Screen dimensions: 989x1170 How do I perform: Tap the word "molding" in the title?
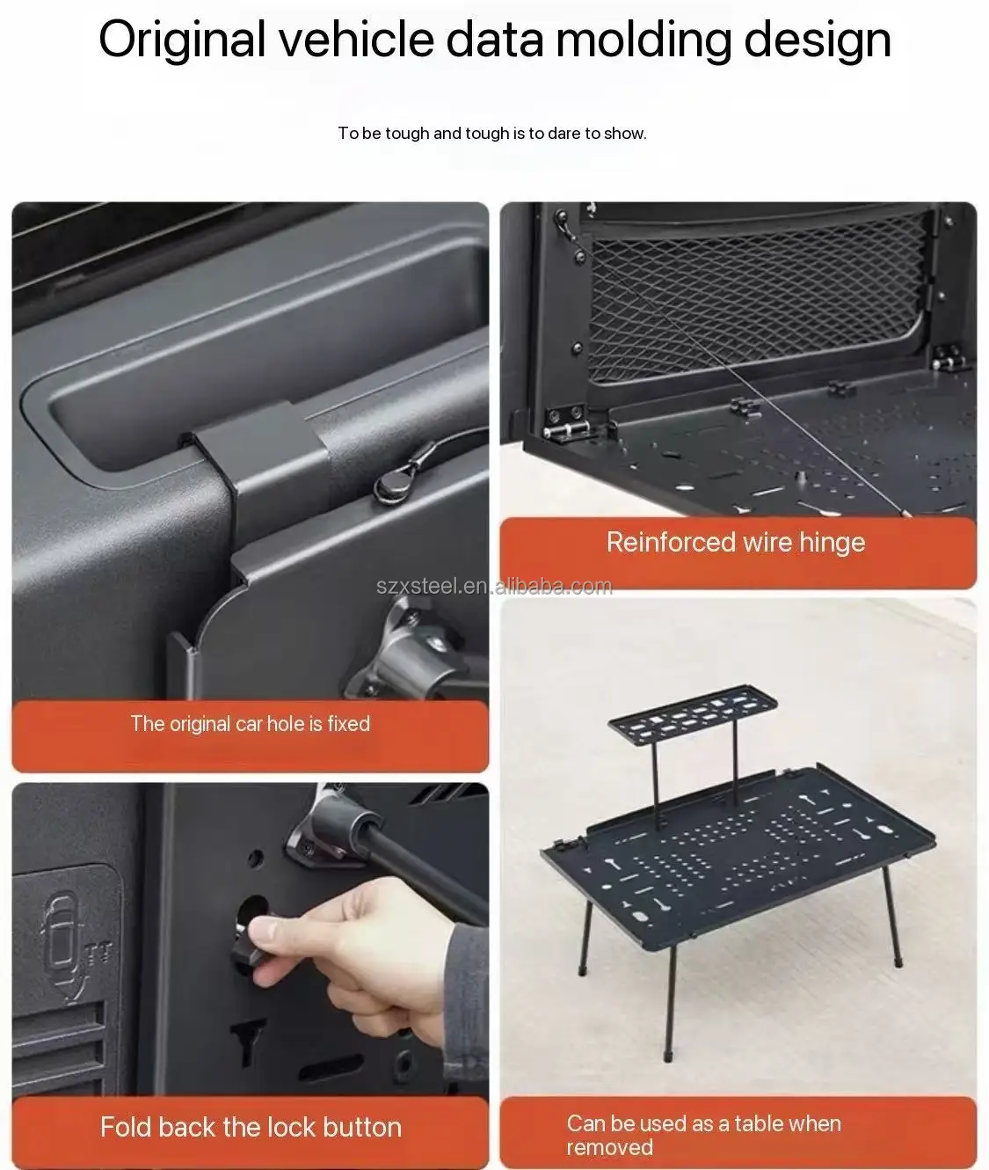click(644, 40)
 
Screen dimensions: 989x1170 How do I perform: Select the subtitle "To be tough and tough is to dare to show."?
click(492, 134)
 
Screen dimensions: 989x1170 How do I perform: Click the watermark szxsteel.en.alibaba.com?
click(494, 587)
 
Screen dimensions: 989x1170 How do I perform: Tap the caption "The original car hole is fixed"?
click(251, 723)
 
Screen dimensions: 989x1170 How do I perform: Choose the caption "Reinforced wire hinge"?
click(736, 542)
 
